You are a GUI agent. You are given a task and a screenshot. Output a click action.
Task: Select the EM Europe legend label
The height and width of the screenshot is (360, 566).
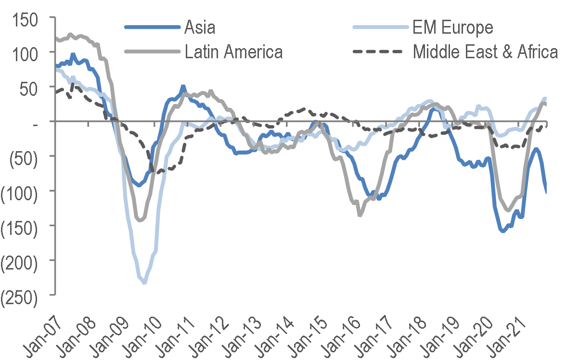pyautogui.click(x=452, y=27)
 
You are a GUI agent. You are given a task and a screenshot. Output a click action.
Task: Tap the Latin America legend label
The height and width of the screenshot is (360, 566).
pyautogui.click(x=234, y=51)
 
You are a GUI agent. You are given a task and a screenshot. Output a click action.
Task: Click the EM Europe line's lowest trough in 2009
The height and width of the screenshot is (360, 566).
pyautogui.click(x=144, y=283)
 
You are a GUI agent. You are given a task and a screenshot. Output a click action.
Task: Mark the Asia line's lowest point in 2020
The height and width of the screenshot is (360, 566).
pyautogui.click(x=502, y=231)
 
